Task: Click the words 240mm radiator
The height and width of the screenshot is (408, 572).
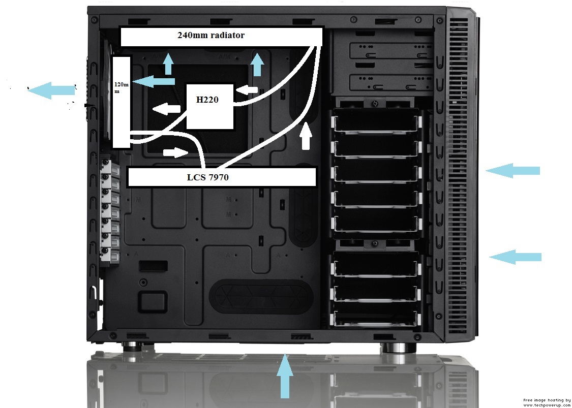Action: point(211,36)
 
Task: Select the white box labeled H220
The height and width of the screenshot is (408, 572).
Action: point(210,107)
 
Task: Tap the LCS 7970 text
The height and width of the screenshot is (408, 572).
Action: point(207,177)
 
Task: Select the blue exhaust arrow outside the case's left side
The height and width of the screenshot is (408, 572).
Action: point(51,90)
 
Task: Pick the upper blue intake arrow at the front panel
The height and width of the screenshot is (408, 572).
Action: point(513,170)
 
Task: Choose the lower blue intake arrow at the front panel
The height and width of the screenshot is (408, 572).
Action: point(515,257)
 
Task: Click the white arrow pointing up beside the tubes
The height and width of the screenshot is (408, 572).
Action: point(306,136)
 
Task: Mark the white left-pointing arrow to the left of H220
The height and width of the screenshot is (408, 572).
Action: point(166,108)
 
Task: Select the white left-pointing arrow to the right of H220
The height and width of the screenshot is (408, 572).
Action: point(248,89)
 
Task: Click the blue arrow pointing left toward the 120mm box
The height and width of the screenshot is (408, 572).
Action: point(154,81)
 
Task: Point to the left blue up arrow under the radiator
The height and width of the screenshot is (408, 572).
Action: point(168,64)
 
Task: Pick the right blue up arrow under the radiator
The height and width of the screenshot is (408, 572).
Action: point(258,64)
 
